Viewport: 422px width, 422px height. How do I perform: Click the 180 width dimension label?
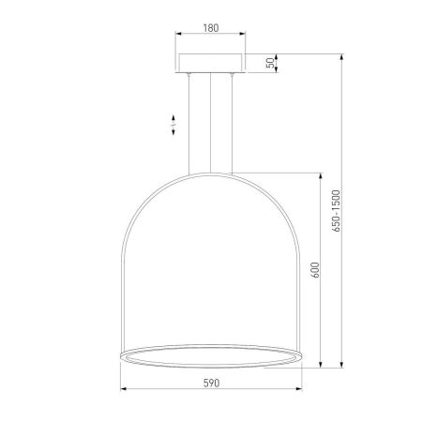(211, 28)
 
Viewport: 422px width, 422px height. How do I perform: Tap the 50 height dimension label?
(272, 63)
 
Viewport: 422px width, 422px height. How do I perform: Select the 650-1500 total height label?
(336, 211)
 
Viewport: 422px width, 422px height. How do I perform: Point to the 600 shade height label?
(316, 270)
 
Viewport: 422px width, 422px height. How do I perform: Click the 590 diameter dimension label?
(211, 383)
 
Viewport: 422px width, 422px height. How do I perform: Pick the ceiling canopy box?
(210, 64)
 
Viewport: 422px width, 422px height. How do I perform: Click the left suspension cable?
(188, 124)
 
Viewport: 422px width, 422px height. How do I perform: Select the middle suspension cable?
(210, 123)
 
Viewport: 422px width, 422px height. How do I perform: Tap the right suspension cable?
(232, 124)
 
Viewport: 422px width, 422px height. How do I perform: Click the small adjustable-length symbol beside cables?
(173, 125)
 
